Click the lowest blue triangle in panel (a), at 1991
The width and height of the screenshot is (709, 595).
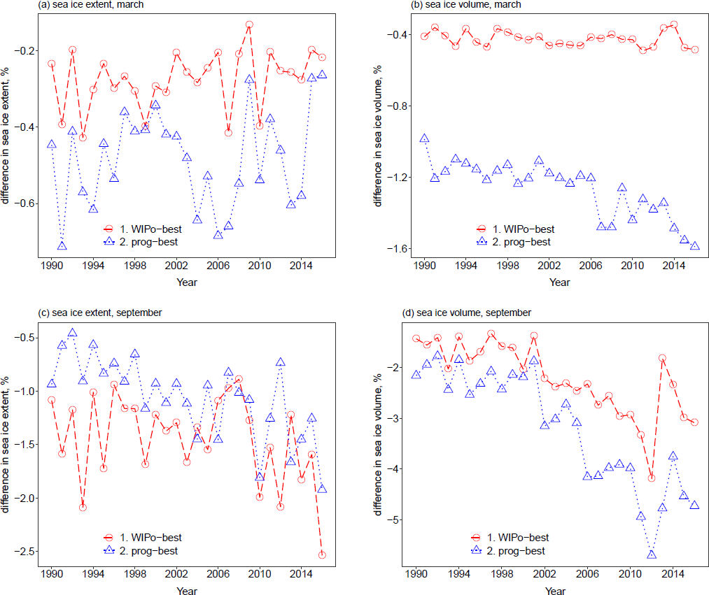[x=62, y=246]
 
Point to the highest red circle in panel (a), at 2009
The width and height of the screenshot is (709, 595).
[x=249, y=24]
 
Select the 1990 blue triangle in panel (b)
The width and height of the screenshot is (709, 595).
[x=424, y=138]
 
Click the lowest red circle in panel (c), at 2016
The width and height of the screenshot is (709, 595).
[x=322, y=555]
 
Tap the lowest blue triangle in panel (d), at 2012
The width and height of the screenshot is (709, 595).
[x=652, y=554]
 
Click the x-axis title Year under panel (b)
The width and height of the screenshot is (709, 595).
[x=560, y=282]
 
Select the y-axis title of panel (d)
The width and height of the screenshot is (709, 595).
[x=378, y=444]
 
